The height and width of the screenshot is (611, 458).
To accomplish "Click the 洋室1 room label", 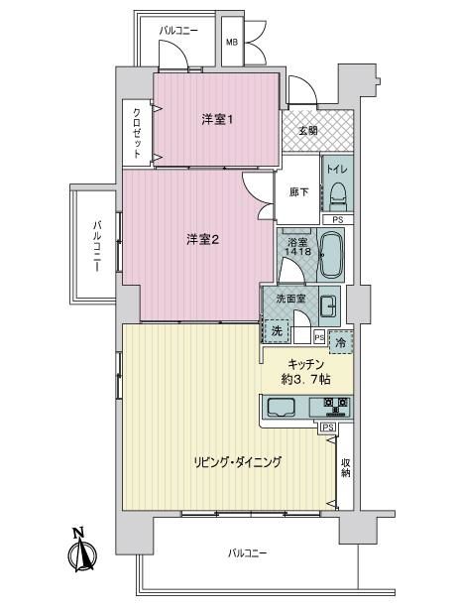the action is click(x=217, y=120).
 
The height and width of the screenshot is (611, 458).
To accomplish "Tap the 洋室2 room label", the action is click(x=202, y=240).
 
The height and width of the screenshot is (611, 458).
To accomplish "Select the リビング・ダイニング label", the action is click(x=238, y=462).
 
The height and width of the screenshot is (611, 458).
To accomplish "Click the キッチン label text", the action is click(x=305, y=365).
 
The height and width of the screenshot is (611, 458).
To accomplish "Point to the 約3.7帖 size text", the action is click(x=305, y=380).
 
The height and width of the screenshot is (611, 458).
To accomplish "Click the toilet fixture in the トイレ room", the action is click(x=337, y=193).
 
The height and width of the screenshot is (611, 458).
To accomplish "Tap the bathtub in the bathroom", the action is click(x=331, y=255).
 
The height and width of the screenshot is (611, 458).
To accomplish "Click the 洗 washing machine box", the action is click(x=277, y=331).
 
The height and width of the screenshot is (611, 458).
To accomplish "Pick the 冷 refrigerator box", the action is click(x=340, y=343).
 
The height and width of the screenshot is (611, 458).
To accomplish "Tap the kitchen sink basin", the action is click(x=282, y=408).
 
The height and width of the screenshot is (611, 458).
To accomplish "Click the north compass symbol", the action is click(x=81, y=551).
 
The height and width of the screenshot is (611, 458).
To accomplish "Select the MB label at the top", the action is click(x=232, y=42).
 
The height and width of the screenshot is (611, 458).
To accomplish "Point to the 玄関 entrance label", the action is click(x=308, y=131).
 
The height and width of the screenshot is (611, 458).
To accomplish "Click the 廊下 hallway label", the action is click(x=298, y=191).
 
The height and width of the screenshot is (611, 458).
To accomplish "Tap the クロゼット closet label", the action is click(x=137, y=133).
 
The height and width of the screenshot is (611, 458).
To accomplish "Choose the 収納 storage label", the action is click(x=346, y=467).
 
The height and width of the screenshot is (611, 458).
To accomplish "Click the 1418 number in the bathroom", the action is click(x=298, y=252).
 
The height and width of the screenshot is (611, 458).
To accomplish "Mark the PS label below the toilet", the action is click(x=338, y=220).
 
